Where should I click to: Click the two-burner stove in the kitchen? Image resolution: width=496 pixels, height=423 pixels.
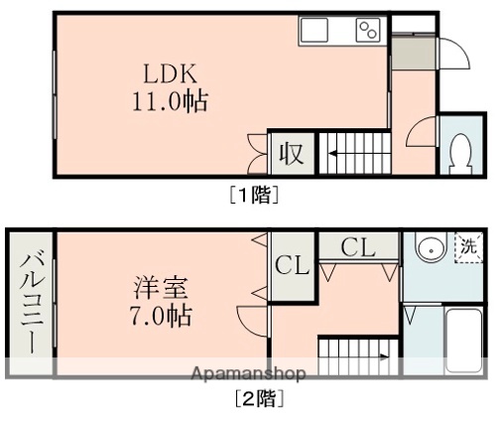click(368, 31)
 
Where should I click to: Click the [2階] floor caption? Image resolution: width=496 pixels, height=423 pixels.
click(259, 401)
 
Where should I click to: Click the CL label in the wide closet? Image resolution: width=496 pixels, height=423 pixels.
click(357, 246)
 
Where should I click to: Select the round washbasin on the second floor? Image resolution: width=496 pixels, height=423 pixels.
click(429, 247)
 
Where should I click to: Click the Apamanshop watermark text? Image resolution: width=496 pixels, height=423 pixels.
click(248, 373)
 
